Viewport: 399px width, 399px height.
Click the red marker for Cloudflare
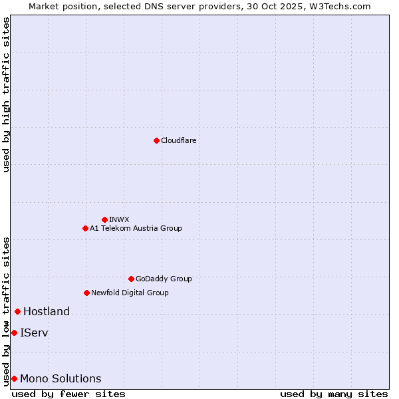(156, 140)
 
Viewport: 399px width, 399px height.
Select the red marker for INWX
(104, 219)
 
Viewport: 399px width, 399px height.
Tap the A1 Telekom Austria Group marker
(85, 228)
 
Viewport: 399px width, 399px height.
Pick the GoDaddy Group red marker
(131, 279)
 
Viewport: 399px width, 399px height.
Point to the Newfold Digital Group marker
(86, 293)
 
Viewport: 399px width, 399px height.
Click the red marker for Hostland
(17, 311)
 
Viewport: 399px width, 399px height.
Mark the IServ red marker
(14, 332)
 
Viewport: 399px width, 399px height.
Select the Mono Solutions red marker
(14, 378)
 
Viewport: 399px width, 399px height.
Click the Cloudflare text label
(178, 140)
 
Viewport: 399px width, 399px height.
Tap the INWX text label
(119, 219)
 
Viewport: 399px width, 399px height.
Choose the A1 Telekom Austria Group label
(136, 228)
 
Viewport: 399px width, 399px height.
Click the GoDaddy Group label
(164, 279)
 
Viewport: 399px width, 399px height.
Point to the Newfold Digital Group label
(130, 293)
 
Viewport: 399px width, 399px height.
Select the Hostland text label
(47, 311)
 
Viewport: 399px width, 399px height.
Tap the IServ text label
(34, 332)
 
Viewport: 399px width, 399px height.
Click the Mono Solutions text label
(61, 378)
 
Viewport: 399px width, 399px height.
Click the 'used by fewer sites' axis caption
(68, 394)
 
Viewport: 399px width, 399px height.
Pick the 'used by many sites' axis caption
(334, 394)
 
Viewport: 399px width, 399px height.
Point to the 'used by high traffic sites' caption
(6, 94)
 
